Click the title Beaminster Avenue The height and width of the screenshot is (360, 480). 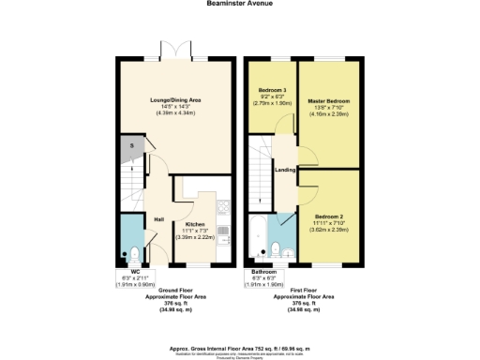pos(239,4)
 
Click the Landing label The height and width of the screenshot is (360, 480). pos(286,170)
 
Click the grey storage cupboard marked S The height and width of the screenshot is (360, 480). pos(131,146)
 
